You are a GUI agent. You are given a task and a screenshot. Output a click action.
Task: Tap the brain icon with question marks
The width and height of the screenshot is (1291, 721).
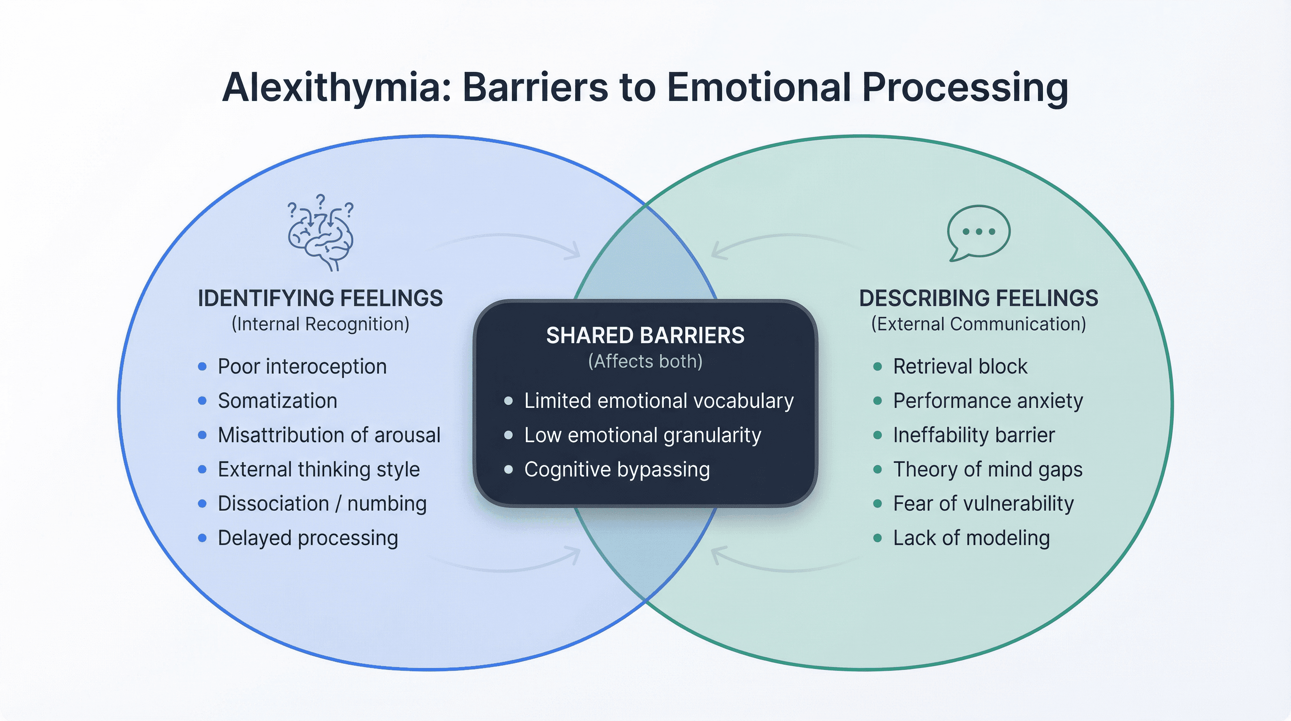point(321,234)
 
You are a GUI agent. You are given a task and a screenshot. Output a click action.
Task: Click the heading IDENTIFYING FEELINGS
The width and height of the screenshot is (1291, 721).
point(320,299)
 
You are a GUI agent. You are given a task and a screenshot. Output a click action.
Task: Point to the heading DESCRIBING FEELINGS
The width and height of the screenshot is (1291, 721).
point(978,299)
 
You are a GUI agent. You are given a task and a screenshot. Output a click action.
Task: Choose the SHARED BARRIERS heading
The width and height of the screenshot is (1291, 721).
point(645,336)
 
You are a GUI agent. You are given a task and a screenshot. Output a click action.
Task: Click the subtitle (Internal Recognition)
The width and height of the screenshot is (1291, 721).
point(320,324)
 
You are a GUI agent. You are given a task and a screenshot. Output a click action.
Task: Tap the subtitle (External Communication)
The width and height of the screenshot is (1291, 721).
point(978,324)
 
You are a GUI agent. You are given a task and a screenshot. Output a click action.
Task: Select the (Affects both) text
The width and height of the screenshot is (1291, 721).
point(645,361)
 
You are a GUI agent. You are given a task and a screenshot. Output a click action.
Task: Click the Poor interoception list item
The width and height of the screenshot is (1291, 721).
point(302,367)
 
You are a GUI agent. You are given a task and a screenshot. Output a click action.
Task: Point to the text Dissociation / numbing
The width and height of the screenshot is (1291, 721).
point(322,503)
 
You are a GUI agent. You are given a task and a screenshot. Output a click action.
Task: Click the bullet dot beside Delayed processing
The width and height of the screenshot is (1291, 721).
point(203,538)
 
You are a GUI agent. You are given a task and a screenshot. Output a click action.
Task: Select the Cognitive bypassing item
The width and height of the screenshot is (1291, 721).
point(616,469)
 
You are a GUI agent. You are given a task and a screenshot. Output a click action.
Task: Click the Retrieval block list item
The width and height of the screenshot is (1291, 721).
point(960,367)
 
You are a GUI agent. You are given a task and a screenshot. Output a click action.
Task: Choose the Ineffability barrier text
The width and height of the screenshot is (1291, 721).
point(974,435)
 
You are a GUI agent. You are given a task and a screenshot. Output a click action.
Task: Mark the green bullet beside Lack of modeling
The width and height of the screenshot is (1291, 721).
point(878,538)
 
